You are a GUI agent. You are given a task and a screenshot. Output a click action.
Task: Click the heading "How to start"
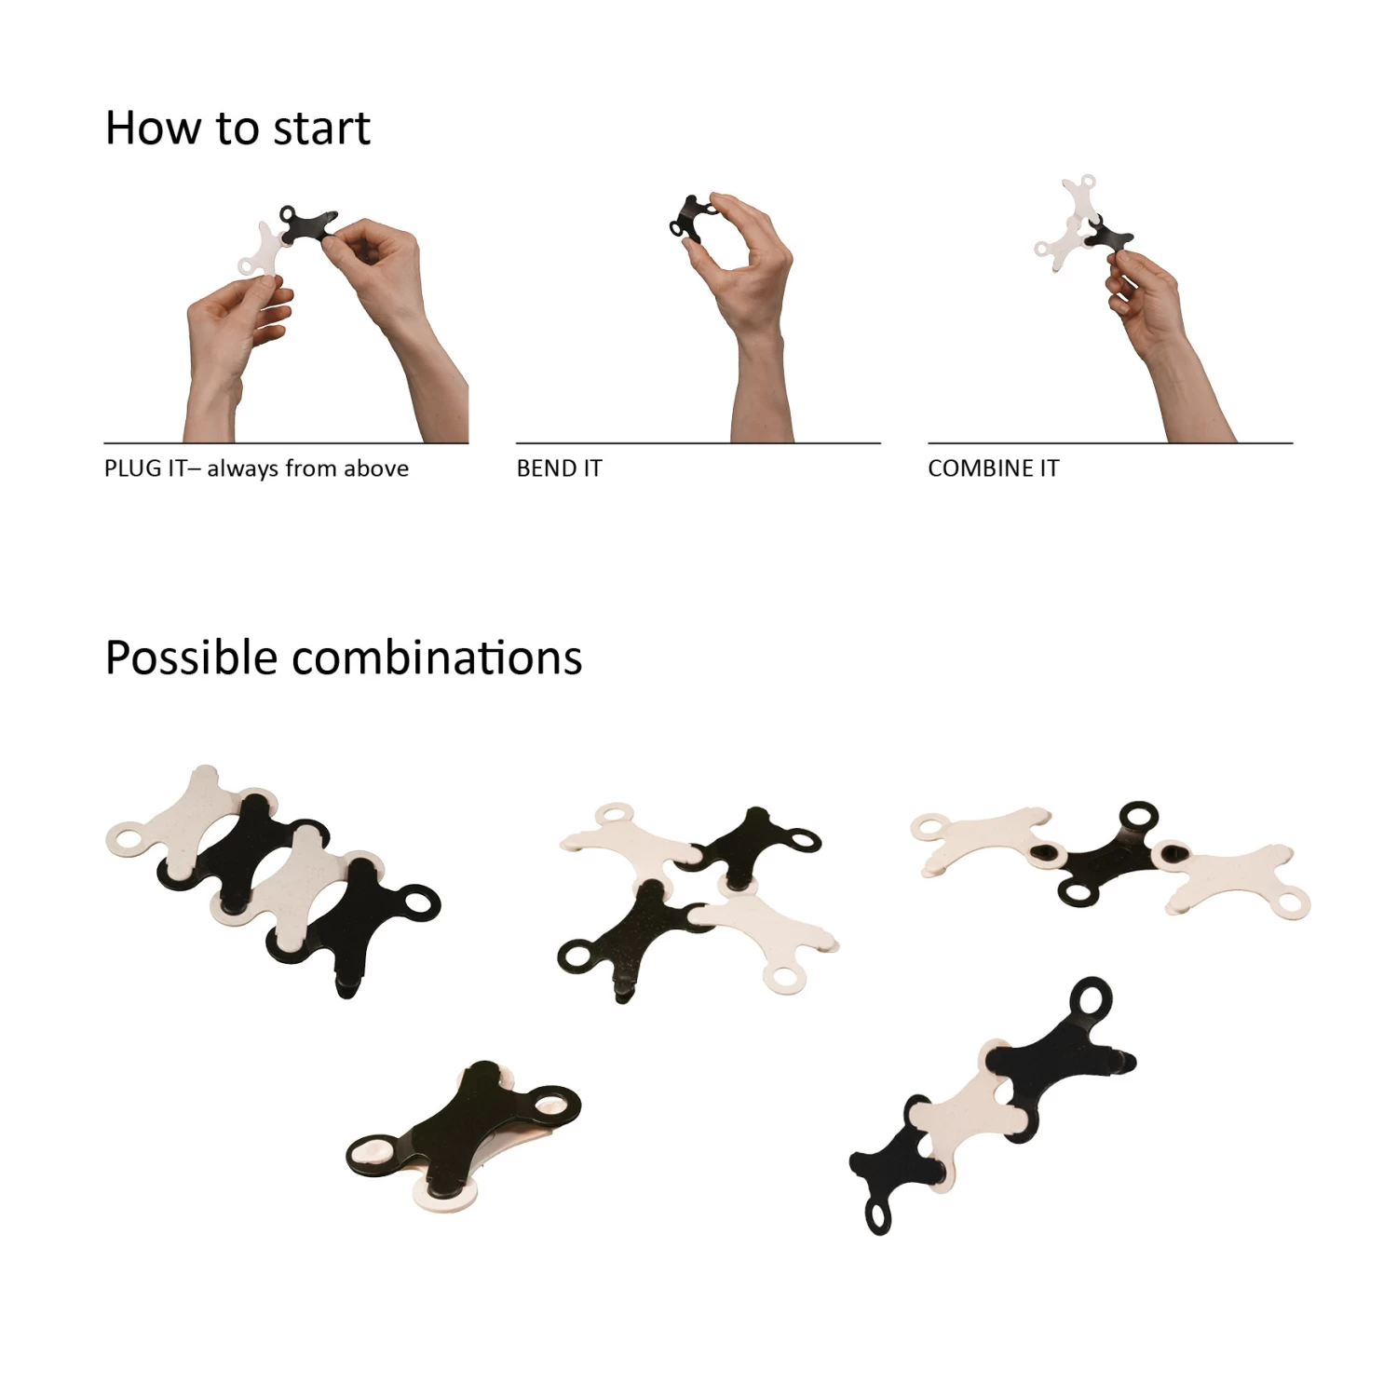(x=237, y=128)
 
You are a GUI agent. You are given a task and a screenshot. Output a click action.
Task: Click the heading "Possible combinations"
(x=344, y=658)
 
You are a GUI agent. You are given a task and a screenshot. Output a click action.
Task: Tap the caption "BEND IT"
(x=560, y=468)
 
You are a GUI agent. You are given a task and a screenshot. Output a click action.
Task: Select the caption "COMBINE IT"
(x=994, y=468)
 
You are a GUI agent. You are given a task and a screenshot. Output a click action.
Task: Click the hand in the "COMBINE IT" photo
(x=1164, y=345)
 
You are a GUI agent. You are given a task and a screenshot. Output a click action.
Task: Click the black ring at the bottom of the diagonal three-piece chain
(x=878, y=1214)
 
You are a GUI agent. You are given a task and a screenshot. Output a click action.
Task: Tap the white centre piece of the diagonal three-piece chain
(x=969, y=1108)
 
